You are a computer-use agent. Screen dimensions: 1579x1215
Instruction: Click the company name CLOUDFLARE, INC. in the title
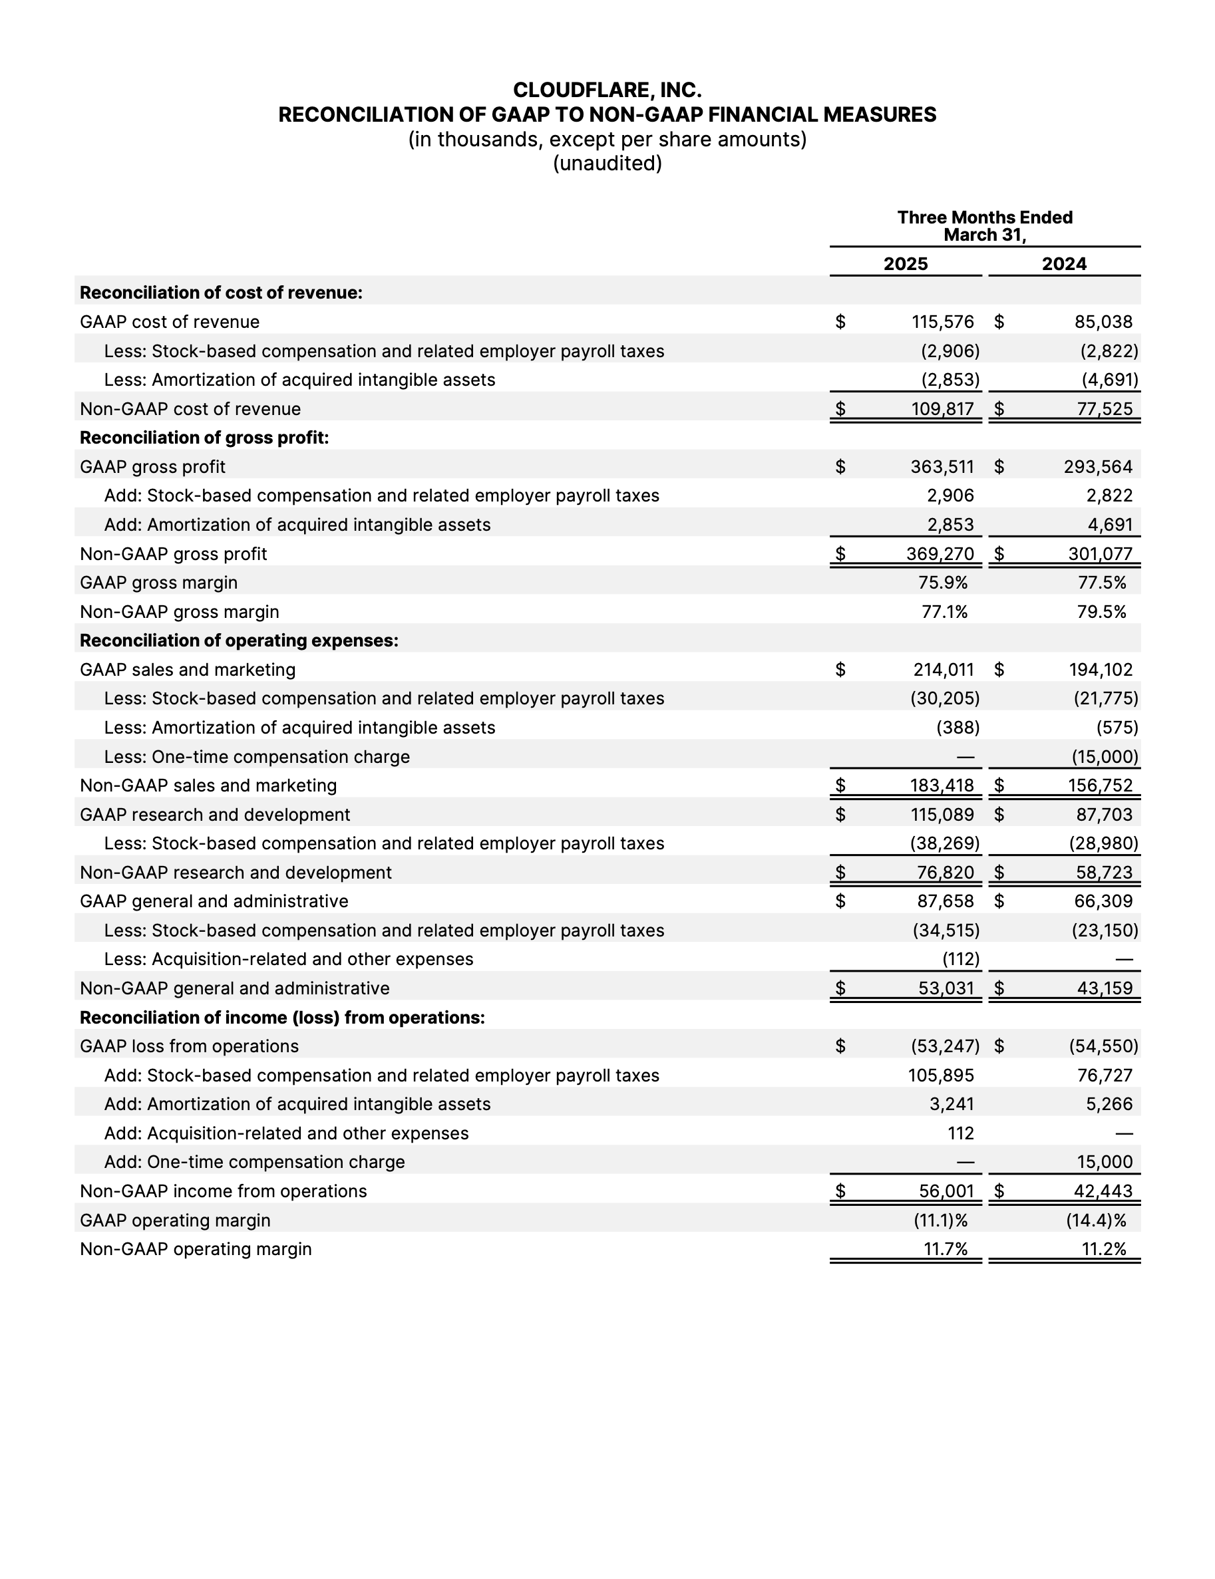pos(607,90)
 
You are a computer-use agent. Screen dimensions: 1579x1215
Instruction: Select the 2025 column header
pos(906,264)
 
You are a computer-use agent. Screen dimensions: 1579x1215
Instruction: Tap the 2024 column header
pos(1064,264)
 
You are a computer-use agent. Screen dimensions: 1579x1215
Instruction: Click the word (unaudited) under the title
pos(607,164)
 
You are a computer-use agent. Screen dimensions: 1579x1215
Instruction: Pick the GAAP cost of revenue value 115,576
pos(942,322)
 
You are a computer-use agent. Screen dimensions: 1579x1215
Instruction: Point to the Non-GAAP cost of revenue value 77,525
pos(1104,408)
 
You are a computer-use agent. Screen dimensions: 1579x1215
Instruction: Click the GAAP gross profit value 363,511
pos(942,467)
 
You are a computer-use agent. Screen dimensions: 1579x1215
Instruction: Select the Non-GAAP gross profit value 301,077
pos(1100,554)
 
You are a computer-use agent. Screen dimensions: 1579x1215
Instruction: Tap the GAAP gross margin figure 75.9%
pos(944,583)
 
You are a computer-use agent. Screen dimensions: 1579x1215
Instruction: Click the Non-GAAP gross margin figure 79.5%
pos(1101,612)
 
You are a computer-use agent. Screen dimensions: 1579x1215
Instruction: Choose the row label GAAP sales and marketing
pos(188,670)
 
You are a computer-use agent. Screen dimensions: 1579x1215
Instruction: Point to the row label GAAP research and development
pos(215,815)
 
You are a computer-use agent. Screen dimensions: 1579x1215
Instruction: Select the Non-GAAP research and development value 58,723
pos(1104,873)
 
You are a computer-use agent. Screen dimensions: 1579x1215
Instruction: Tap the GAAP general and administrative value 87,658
pos(946,901)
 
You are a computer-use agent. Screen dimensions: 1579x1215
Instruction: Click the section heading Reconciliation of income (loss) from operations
pos(282,1017)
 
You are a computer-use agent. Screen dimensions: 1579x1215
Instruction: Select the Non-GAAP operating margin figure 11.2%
pos(1104,1248)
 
